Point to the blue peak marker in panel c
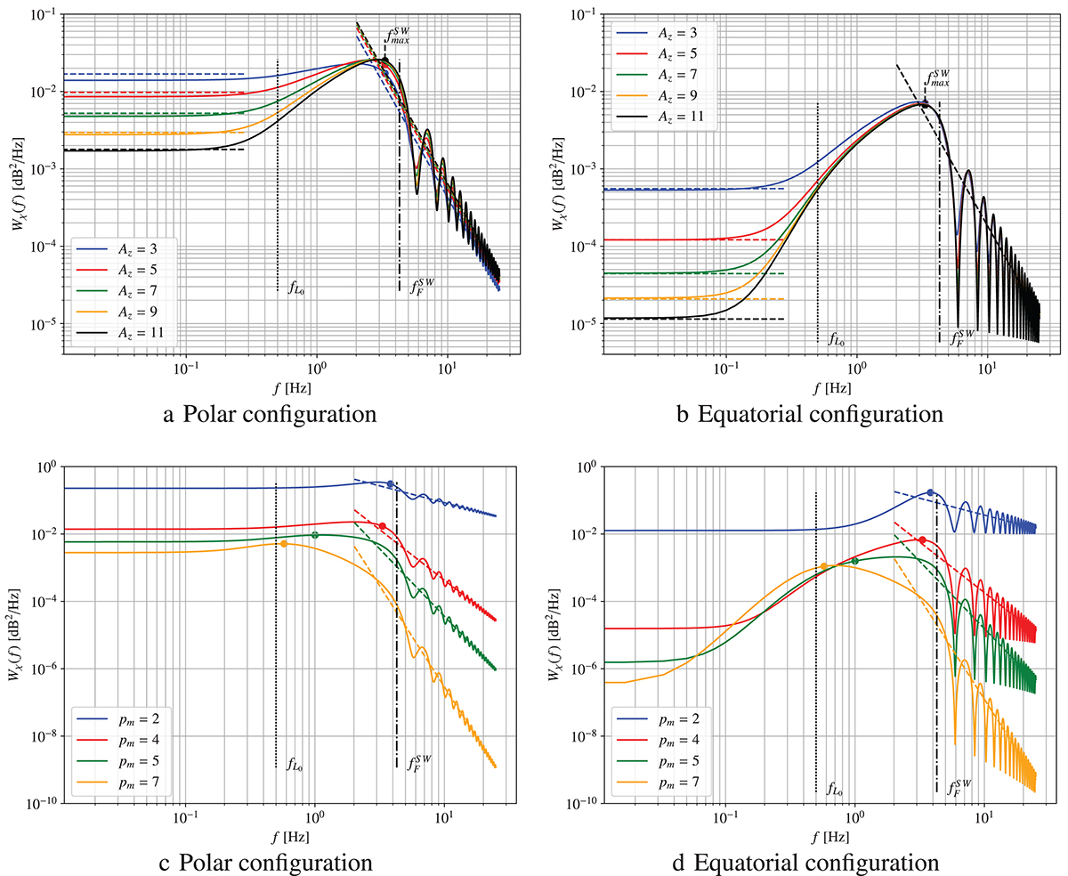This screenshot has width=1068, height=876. point(390,483)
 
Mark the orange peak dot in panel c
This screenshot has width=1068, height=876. point(284,543)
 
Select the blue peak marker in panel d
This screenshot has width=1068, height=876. point(930,492)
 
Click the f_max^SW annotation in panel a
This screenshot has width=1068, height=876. point(400,38)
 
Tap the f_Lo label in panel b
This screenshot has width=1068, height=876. point(837,338)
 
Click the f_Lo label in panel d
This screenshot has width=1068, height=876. point(837,789)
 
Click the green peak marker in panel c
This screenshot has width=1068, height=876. point(315,535)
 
